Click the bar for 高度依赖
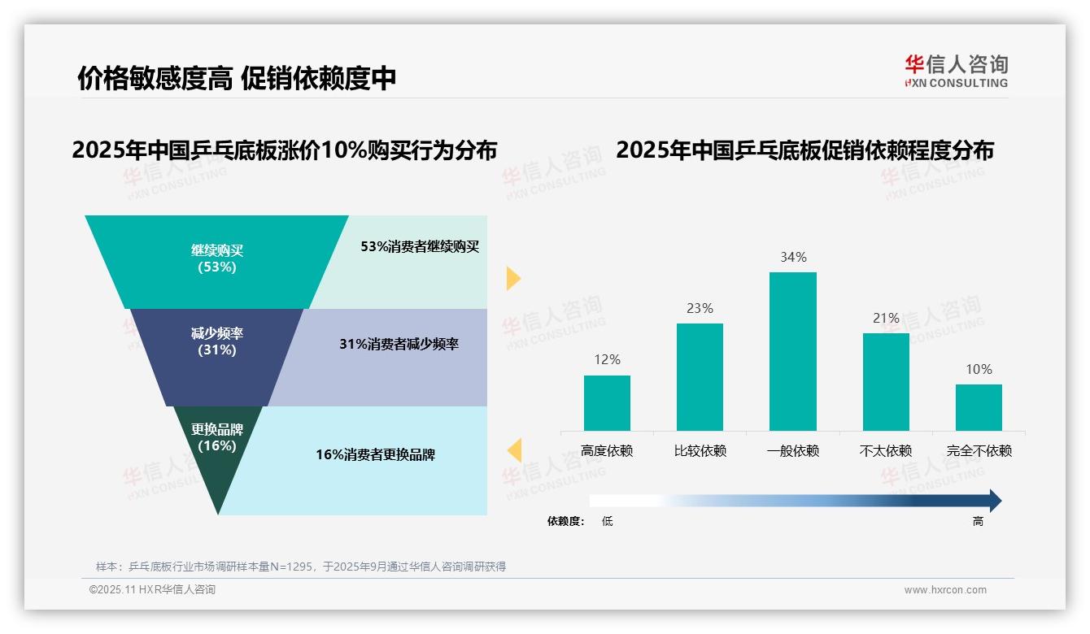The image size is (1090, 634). [x=607, y=403]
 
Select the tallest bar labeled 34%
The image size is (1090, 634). [x=792, y=351]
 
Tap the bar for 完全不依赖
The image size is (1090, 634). [x=979, y=407]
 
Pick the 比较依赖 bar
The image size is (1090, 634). [x=700, y=377]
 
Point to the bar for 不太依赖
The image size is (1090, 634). [x=886, y=382]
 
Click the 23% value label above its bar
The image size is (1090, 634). [x=700, y=308]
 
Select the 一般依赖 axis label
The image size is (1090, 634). [x=792, y=451]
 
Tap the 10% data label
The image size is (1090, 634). [x=979, y=369]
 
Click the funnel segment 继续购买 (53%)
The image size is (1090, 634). [x=217, y=258]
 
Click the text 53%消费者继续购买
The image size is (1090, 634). [x=420, y=247]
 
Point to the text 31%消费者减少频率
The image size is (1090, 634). [x=399, y=344]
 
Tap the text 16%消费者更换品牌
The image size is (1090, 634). [x=376, y=454]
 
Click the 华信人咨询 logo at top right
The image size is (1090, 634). [x=956, y=71]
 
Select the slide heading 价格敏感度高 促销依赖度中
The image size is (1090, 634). [x=237, y=78]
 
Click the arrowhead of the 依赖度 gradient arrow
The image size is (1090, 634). [x=994, y=501]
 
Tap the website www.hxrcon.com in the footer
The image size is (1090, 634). [x=945, y=590]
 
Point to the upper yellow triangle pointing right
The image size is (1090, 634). [x=512, y=278]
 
